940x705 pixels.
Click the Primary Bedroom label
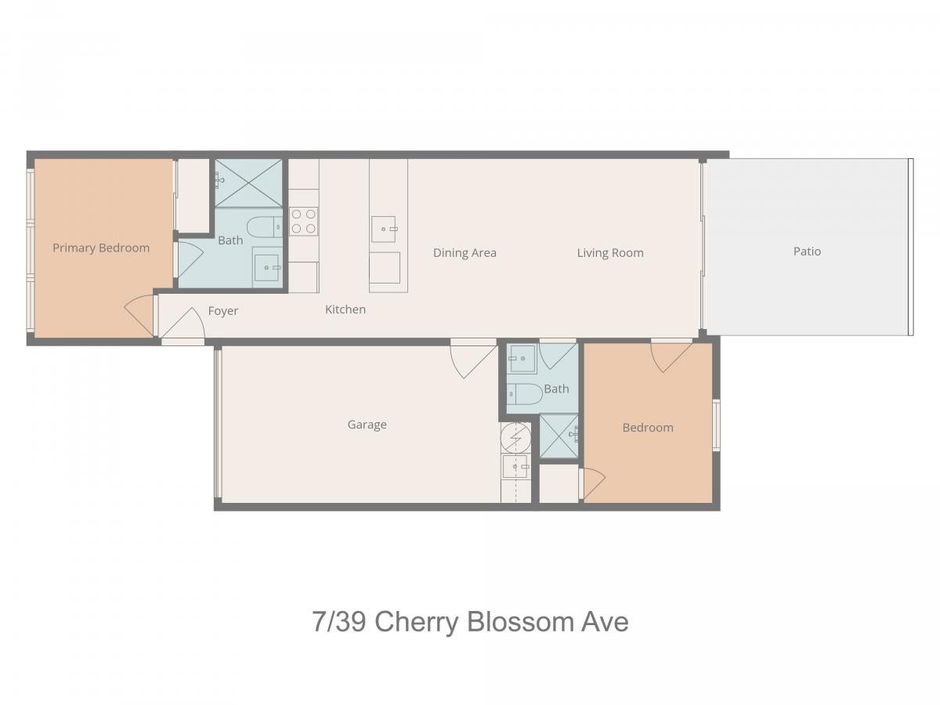(x=101, y=248)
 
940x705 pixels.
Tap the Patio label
(x=807, y=251)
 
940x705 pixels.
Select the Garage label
(x=367, y=425)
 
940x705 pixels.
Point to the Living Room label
(x=610, y=253)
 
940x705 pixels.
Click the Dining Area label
(x=465, y=253)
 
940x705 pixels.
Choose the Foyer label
(x=222, y=311)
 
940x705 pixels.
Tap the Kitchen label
(x=345, y=309)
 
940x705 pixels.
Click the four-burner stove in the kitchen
(x=304, y=222)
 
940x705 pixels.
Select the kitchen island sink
(x=384, y=229)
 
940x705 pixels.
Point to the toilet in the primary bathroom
(x=265, y=227)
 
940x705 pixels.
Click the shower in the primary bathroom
(x=248, y=183)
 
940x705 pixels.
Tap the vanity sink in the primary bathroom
(x=267, y=267)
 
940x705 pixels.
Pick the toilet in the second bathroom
(x=525, y=394)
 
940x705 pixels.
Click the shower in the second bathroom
(x=559, y=436)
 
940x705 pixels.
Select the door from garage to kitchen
(x=473, y=359)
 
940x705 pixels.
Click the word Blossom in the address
(x=520, y=622)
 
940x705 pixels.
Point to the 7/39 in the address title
(x=339, y=622)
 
